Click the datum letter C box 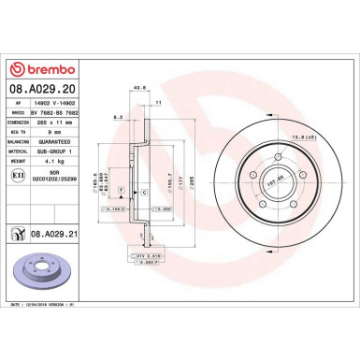[143, 191]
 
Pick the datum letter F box [121, 189]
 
